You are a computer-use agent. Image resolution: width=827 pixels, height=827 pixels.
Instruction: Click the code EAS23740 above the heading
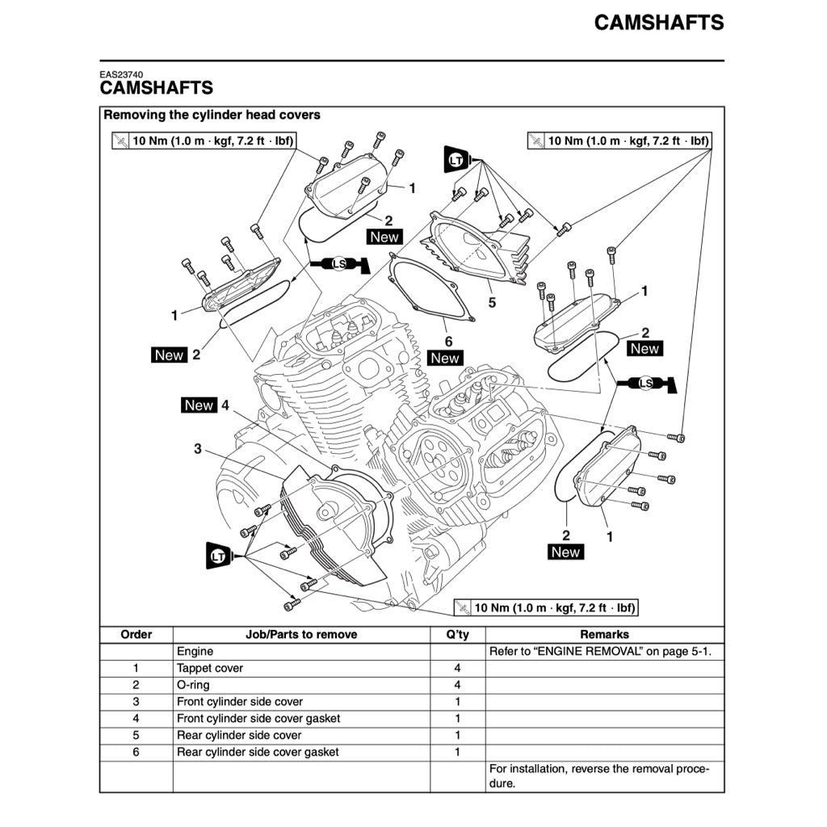[x=122, y=75]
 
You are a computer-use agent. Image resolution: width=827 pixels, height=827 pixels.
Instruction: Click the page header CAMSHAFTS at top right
[x=659, y=23]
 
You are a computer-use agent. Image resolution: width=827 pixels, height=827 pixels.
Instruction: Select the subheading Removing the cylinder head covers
[x=212, y=115]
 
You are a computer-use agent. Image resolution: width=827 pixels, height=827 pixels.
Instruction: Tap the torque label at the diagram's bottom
[x=546, y=607]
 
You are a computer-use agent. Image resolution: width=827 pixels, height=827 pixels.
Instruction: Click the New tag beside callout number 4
[x=199, y=405]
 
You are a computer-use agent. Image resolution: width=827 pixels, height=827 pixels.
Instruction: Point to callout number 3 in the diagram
[x=198, y=449]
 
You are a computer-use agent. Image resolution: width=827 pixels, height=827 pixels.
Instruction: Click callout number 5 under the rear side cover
[x=492, y=303]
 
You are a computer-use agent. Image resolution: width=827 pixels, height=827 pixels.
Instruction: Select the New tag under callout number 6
[x=445, y=358]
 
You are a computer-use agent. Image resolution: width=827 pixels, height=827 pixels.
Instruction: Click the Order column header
[x=136, y=635]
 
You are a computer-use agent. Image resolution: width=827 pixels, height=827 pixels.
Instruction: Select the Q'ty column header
[x=457, y=635]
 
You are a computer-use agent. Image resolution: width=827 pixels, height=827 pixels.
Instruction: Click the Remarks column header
[x=604, y=635]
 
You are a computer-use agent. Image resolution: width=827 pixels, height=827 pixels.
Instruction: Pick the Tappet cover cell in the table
[x=210, y=668]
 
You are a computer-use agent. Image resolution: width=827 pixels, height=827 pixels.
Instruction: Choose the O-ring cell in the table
[x=193, y=685]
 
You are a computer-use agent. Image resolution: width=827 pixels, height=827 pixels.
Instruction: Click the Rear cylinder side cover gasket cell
[x=258, y=752]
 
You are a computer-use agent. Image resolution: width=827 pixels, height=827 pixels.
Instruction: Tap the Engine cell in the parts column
[x=195, y=651]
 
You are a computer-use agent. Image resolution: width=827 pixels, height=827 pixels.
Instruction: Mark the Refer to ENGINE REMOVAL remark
[x=601, y=651]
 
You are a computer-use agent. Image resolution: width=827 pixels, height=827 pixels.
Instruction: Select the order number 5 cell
[x=136, y=735]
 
